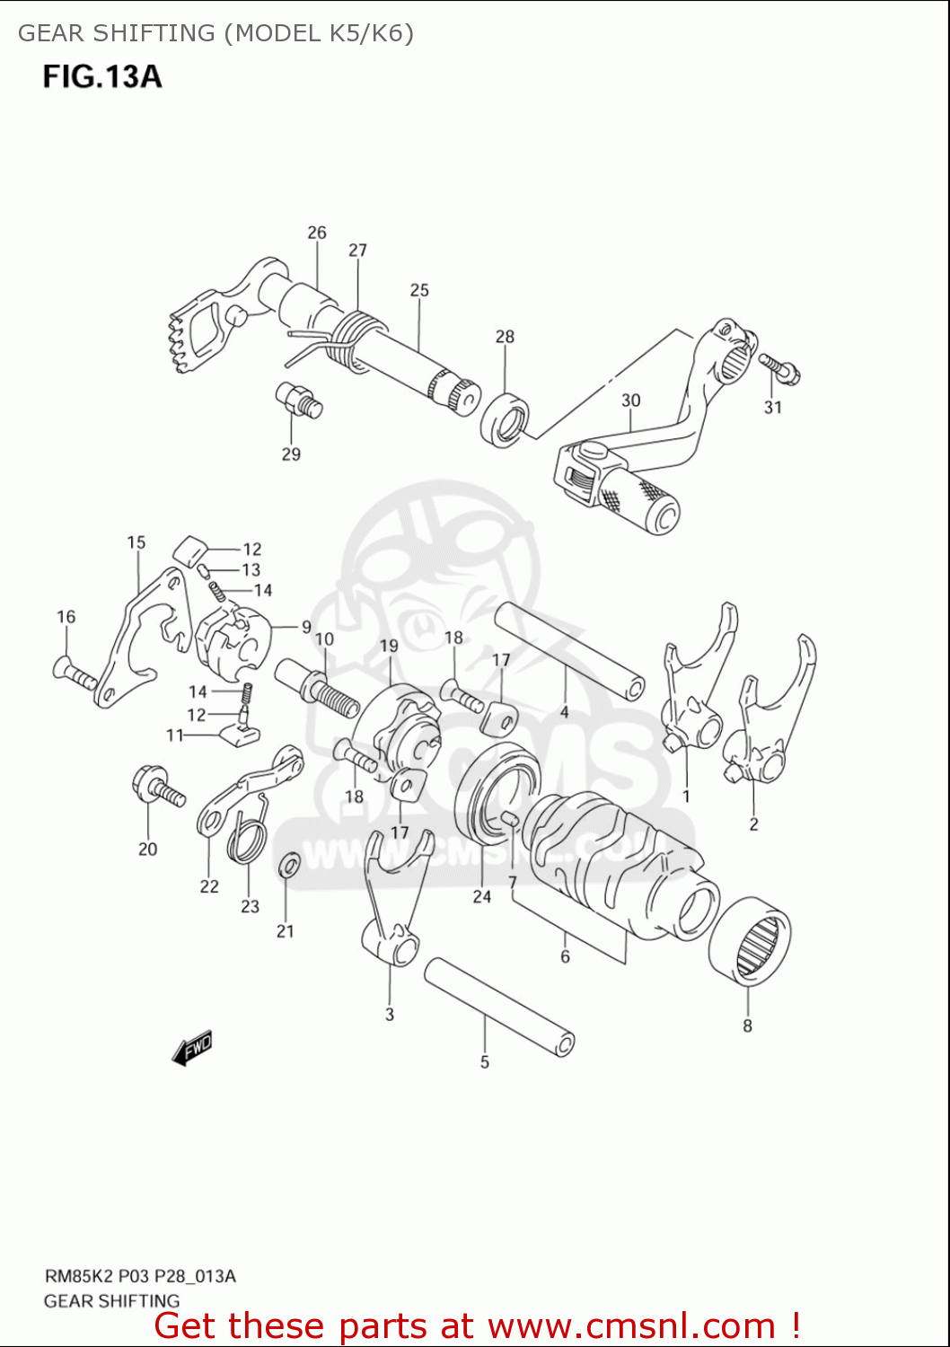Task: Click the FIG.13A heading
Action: pyautogui.click(x=102, y=77)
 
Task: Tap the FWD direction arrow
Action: pyautogui.click(x=192, y=1047)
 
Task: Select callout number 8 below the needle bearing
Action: pyautogui.click(x=747, y=1026)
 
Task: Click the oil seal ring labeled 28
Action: pyautogui.click(x=505, y=418)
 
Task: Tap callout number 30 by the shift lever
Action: pyautogui.click(x=630, y=401)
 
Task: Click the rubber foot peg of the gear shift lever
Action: pyautogui.click(x=639, y=503)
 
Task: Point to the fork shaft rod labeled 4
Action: pyautogui.click(x=569, y=650)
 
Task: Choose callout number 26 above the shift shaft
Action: pyautogui.click(x=317, y=233)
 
